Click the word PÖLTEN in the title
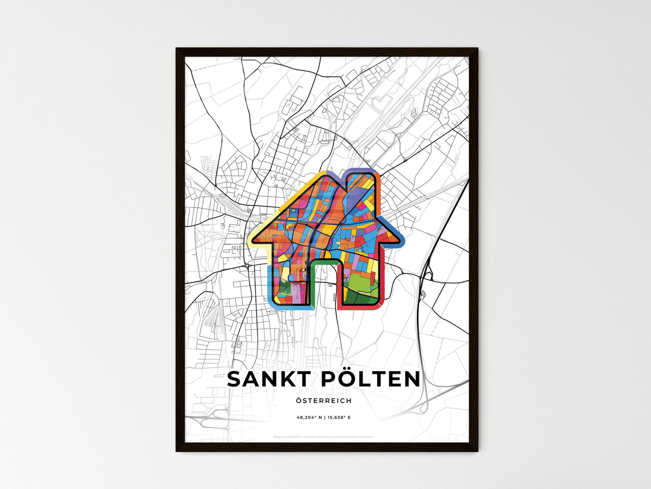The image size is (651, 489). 370,379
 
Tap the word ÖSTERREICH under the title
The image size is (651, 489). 323,401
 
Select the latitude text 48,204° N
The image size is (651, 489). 309,418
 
